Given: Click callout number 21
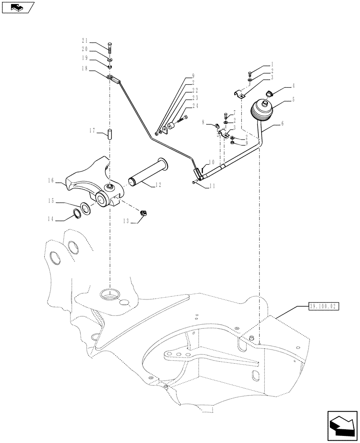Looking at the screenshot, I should (x=84, y=41).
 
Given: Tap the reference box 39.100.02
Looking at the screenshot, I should (x=322, y=306).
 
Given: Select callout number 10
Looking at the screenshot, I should (x=211, y=162).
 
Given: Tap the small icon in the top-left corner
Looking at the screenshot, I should (x=18, y=7).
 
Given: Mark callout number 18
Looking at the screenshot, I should (x=84, y=69).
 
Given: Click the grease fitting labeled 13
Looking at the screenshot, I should (x=144, y=214).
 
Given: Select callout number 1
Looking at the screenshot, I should (x=272, y=64).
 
